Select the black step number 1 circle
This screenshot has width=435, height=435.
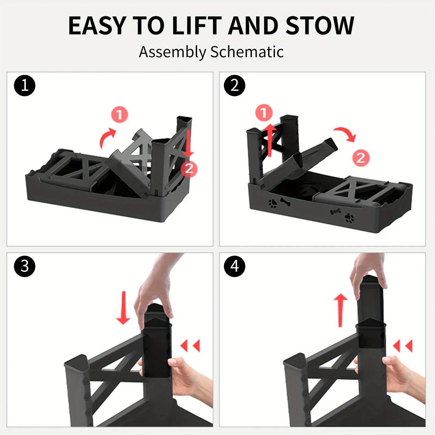[24, 86]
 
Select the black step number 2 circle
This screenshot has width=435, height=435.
[235, 86]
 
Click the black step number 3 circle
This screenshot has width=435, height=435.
[24, 266]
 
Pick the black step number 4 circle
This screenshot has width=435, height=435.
[235, 266]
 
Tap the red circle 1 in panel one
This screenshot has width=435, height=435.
[120, 115]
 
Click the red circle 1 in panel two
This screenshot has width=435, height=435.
[264, 112]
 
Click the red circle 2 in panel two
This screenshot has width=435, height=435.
[361, 158]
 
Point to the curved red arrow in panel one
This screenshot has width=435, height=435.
[107, 137]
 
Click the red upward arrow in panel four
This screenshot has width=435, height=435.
[340, 310]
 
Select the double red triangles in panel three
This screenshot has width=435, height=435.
[190, 346]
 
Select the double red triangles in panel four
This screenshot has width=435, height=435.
[403, 346]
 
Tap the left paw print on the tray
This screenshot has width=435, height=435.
[273, 203]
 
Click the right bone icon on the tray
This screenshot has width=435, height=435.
[335, 212]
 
